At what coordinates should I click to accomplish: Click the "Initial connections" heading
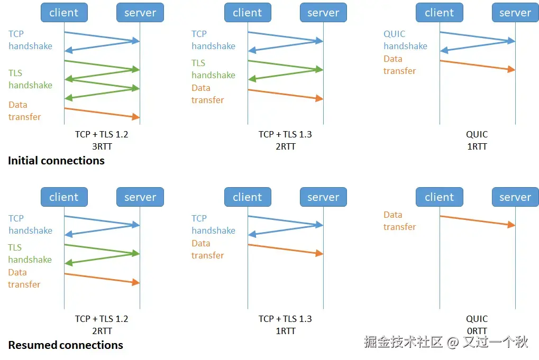coord(56,161)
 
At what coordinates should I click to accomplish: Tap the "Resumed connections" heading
coord(66,345)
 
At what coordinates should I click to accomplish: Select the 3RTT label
coord(102,146)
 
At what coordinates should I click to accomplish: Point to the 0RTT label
coord(477,331)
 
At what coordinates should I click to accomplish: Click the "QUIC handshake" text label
coord(405,40)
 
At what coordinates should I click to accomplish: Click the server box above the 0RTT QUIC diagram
coord(515,197)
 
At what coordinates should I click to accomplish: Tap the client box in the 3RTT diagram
coord(64,13)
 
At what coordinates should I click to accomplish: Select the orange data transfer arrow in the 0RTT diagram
coord(477,220)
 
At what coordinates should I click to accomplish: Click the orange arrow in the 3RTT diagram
coord(102,113)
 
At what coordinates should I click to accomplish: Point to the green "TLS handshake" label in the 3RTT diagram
coord(30,79)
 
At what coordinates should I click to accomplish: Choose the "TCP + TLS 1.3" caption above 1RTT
coord(285,319)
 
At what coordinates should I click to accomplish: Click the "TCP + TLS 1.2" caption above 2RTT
coord(102,319)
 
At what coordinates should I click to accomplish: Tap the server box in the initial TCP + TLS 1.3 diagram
coord(323,13)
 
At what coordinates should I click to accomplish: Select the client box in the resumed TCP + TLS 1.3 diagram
coord(248,197)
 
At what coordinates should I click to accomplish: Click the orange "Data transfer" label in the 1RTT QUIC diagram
coord(399,65)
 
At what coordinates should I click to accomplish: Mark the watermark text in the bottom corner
coord(446,342)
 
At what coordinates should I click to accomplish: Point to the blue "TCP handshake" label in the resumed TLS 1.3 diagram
coord(213,225)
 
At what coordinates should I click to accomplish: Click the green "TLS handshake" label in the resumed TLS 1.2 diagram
coord(30,254)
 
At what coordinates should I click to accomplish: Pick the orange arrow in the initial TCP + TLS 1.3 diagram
coord(285,94)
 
